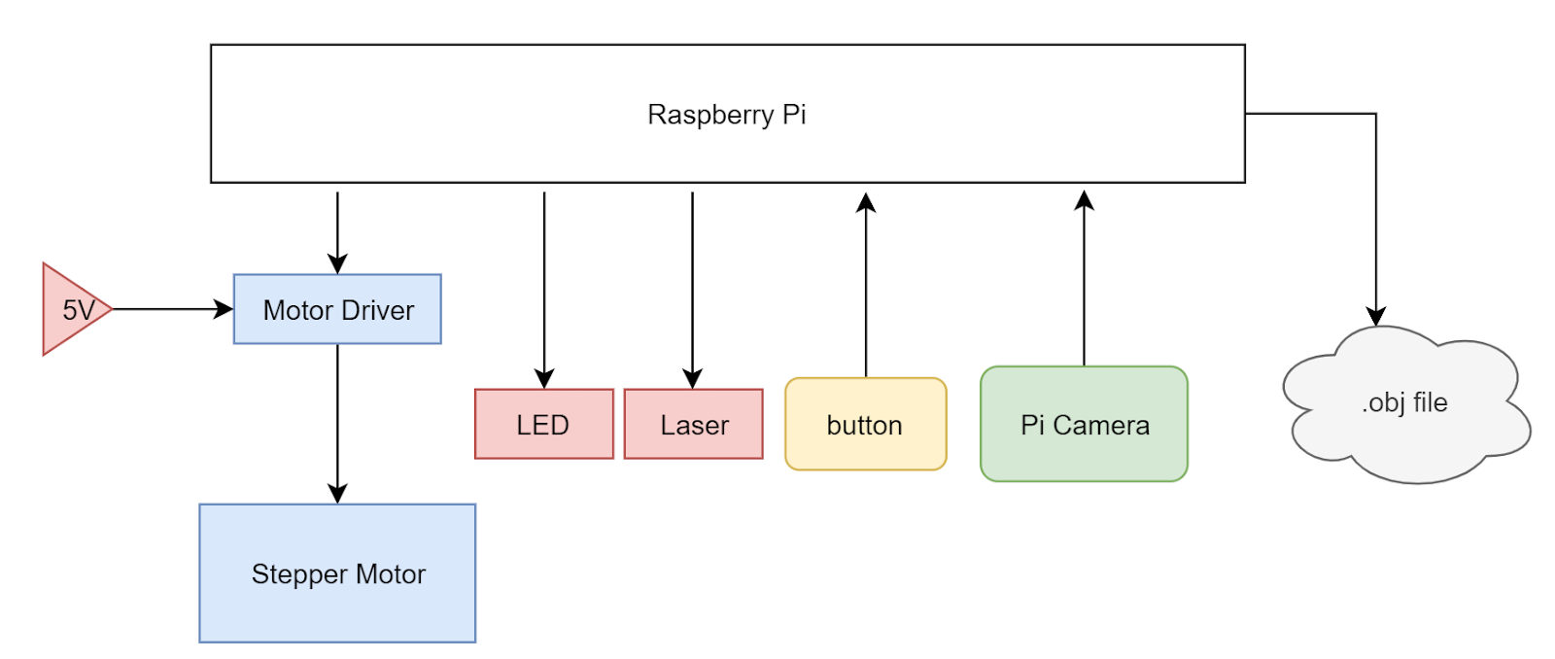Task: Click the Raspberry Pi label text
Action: pos(726,115)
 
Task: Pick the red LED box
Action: pos(543,424)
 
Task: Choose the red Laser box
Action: pos(693,424)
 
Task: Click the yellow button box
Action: pos(865,424)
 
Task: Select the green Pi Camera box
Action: pos(1084,424)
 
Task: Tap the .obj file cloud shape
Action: pos(1403,402)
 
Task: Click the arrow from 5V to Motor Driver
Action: pos(171,309)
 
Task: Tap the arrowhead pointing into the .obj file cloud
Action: pos(1375,316)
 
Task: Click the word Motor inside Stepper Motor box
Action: pos(390,574)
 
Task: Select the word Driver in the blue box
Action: pos(378,310)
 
